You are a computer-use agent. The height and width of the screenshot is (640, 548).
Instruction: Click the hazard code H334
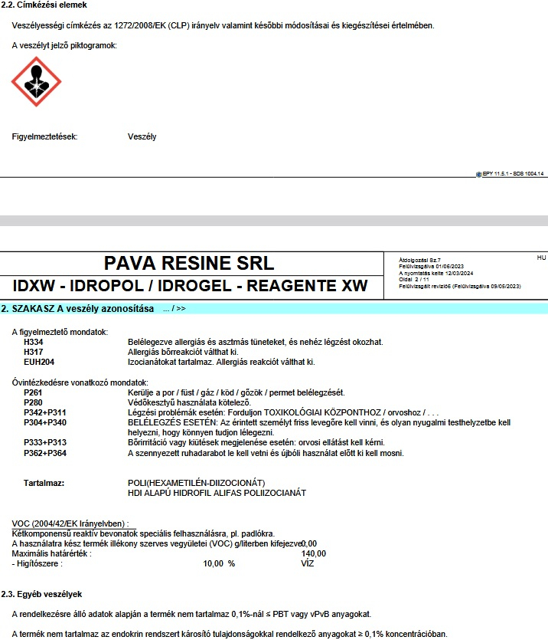34,342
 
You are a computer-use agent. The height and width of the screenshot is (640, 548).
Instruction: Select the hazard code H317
34,352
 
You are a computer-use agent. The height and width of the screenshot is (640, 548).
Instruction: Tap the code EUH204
39,362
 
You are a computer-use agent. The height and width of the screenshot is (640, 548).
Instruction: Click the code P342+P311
45,412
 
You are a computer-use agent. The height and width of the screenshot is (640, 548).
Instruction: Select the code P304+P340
45,422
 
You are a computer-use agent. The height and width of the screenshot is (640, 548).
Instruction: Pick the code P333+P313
45,442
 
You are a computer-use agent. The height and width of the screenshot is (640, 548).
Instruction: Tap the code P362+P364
45,453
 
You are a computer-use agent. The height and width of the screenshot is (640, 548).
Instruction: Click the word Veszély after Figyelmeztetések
142,137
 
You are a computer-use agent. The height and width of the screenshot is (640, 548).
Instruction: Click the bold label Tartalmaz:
44,483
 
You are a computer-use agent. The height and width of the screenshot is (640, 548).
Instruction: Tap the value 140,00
314,553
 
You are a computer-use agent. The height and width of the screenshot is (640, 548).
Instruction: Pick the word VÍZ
309,563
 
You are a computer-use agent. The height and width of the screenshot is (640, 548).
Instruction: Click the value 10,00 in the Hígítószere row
213,563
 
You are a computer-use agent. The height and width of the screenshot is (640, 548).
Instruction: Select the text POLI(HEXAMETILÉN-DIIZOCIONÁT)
196,483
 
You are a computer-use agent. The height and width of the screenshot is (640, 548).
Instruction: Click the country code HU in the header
541,258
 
